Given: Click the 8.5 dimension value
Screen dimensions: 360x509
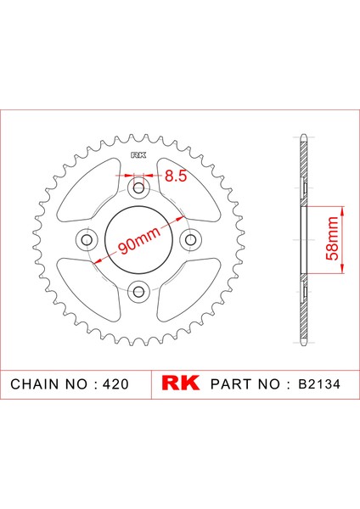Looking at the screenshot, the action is click(176, 176).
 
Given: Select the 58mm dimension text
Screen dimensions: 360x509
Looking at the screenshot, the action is click(332, 238).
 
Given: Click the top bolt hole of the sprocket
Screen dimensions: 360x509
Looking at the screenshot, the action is click(138, 187).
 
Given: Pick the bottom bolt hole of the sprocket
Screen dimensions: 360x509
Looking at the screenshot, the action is click(138, 291).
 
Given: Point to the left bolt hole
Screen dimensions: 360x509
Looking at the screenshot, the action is click(87, 240).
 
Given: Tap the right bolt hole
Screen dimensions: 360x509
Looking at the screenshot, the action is click(191, 240).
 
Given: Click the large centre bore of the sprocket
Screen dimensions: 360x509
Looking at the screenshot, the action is click(138, 240).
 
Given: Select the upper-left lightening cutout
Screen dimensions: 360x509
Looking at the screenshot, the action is click(88, 190).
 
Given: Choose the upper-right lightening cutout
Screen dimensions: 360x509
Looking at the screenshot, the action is click(188, 190).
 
